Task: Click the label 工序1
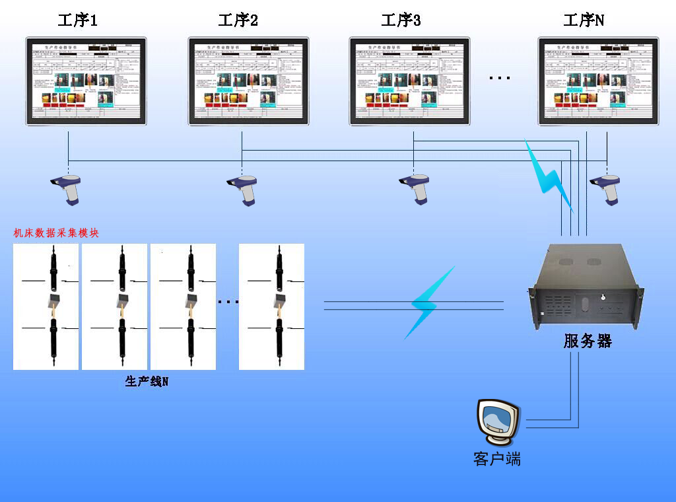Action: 78,20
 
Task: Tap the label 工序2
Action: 238,20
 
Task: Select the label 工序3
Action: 401,20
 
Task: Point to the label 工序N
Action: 584,20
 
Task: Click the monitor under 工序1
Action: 86,81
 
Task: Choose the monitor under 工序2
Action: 249,81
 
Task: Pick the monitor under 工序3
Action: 410,81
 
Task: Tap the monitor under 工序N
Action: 599,81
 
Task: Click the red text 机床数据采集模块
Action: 57,233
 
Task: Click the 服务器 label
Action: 588,341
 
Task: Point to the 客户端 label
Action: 497,458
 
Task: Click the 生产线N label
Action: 147,381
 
